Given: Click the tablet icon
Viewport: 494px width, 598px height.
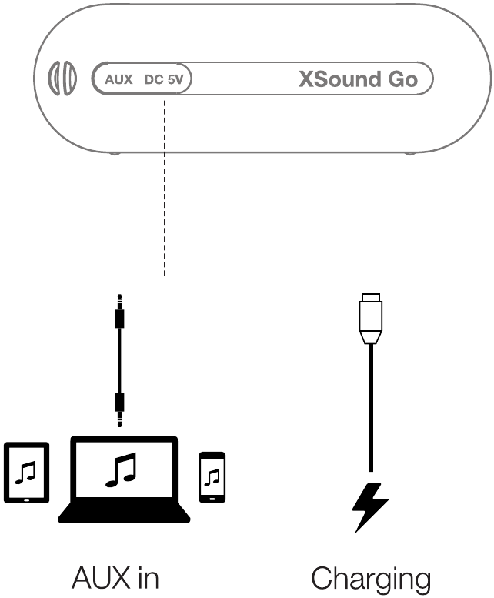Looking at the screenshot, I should (27, 473).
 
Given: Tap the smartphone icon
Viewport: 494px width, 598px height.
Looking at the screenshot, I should (212, 476).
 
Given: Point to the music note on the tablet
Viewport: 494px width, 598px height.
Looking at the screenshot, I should (27, 471).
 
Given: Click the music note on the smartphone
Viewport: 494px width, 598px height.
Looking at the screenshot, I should (213, 476).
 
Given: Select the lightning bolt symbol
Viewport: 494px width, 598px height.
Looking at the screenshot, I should (370, 506).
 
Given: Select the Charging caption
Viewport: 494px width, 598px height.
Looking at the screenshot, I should (370, 577).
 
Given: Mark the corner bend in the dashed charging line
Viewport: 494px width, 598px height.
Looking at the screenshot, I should (165, 274).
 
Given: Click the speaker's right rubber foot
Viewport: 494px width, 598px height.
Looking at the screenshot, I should (410, 152).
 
